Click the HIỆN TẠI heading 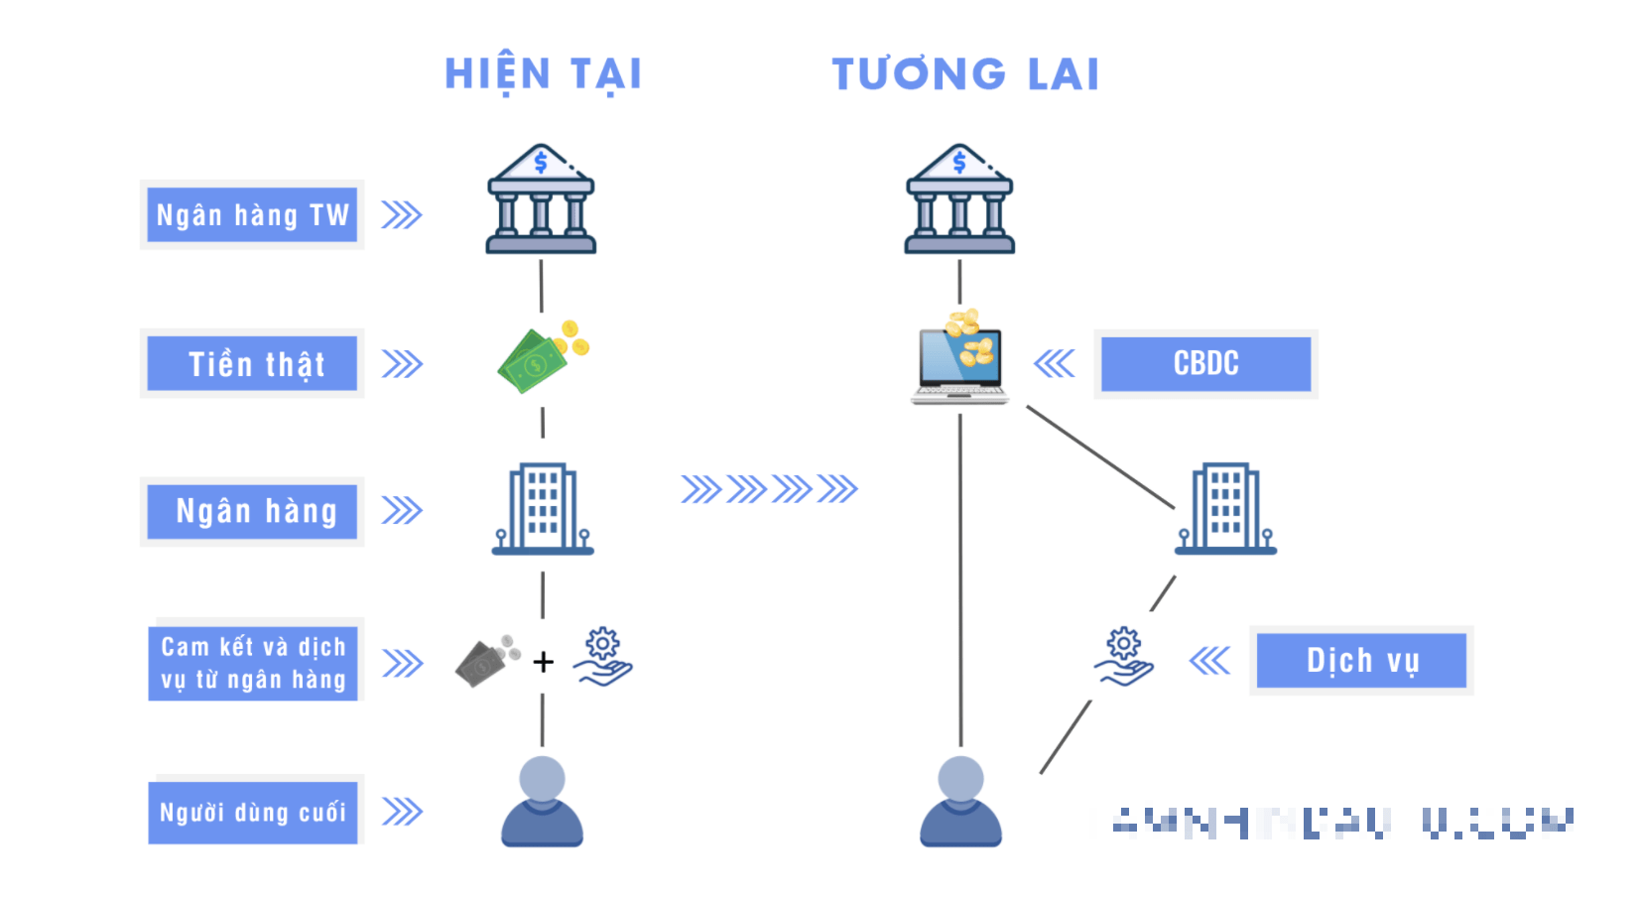[543, 74]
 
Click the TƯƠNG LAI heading [965, 74]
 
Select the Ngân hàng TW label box [252, 214]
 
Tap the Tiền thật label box [252, 363]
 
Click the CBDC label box [1205, 363]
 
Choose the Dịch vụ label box [1361, 661]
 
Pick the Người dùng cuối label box [252, 813]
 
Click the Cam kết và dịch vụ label [252, 663]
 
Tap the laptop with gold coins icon [959, 359]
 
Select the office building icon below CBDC [1226, 508]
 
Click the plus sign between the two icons [543, 662]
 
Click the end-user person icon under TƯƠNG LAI [960, 802]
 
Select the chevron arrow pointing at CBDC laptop [1054, 363]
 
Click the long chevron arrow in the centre [769, 489]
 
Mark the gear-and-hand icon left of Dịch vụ [1123, 657]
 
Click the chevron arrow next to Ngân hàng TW [402, 215]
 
